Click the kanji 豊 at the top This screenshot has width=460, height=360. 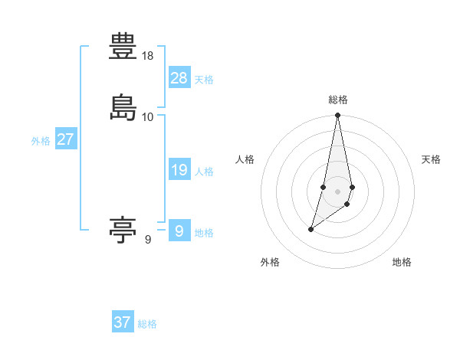[123, 48]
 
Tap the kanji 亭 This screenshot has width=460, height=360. [123, 229]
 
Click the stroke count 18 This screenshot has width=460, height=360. [148, 57]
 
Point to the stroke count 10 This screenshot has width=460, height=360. [148, 116]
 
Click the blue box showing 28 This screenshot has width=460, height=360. [179, 77]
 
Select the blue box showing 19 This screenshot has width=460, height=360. [179, 170]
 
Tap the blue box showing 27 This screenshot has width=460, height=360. [65, 139]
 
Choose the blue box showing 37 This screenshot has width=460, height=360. [123, 322]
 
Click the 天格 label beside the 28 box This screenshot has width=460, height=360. [204, 80]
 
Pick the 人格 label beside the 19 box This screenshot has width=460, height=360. [204, 172]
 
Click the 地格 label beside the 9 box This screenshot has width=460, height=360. [204, 233]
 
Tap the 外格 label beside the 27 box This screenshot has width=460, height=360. [41, 141]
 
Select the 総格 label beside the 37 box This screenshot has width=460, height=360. [147, 324]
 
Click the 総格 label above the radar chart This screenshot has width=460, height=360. [338, 100]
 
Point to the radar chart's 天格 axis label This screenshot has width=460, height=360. [431, 159]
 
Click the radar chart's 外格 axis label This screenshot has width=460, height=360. [270, 262]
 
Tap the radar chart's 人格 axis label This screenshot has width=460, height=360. [245, 159]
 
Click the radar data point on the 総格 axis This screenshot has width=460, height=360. [338, 116]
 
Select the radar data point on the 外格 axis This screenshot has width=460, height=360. [310, 229]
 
